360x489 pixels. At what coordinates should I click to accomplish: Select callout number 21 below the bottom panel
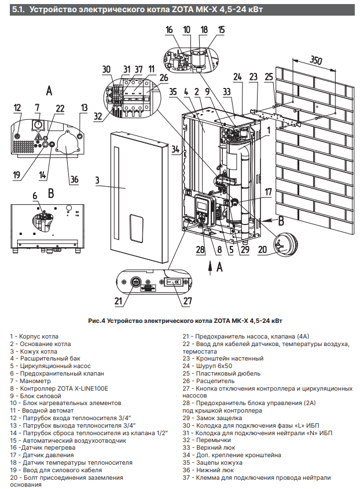coord(119,301)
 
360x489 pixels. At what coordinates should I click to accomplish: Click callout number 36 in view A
coord(74,179)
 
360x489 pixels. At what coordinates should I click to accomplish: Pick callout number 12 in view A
coord(17,107)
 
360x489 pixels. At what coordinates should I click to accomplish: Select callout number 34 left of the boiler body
coord(175,149)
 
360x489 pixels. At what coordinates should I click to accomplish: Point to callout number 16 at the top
coord(169,30)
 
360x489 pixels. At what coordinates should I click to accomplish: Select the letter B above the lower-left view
coord(50,192)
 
